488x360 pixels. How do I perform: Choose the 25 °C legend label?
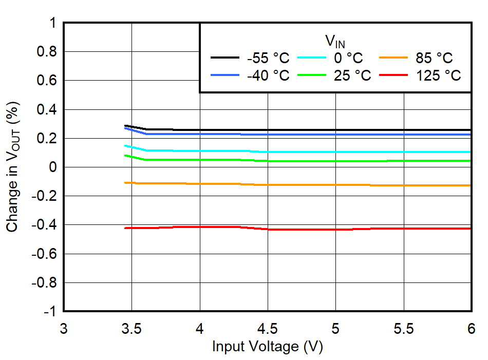click(352, 75)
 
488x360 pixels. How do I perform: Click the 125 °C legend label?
click(438, 75)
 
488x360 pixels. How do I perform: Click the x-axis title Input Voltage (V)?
click(267, 347)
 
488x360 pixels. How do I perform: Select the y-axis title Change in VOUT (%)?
click(14, 167)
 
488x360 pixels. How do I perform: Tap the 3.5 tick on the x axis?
click(132, 329)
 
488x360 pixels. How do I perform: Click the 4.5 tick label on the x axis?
click(267, 329)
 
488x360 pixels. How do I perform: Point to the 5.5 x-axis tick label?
click(403, 329)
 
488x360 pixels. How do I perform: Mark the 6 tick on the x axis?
click(471, 329)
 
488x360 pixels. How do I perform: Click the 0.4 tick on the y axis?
click(45, 109)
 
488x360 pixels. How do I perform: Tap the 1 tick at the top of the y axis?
click(52, 24)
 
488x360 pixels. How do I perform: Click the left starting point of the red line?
click(125, 228)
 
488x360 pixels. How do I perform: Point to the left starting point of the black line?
click(125, 125)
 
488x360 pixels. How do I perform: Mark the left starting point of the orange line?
click(125, 182)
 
